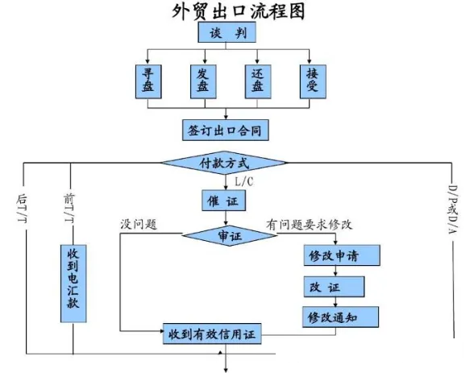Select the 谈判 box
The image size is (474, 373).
(228, 34)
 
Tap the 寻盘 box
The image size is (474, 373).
(148, 81)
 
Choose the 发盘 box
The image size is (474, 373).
(202, 81)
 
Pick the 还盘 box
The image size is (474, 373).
(256, 81)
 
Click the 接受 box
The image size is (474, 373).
(311, 81)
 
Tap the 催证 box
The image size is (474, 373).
(223, 199)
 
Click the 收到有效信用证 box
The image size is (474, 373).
(215, 333)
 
